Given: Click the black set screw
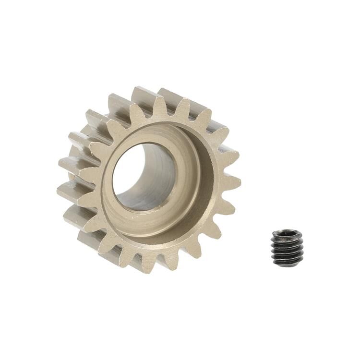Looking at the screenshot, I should (x=287, y=248).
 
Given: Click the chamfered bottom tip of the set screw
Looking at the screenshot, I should (x=287, y=263).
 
